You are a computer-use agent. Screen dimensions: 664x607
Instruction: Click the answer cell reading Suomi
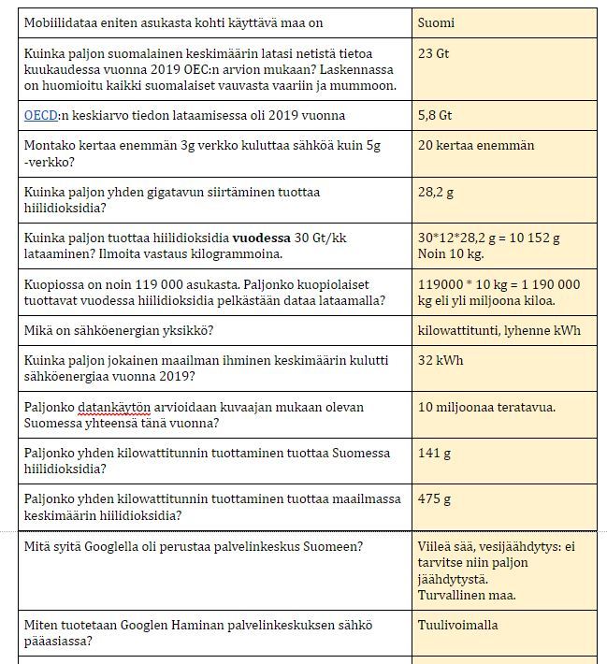pyautogui.click(x=437, y=22)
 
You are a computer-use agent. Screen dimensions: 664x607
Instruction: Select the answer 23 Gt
pyautogui.click(x=434, y=54)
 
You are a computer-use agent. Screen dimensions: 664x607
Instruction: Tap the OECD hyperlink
pyautogui.click(x=41, y=116)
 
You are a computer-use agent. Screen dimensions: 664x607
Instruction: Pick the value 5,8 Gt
pyautogui.click(x=435, y=116)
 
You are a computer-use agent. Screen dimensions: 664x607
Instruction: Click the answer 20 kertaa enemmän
pyautogui.click(x=476, y=146)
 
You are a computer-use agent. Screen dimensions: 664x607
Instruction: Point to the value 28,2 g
pyautogui.click(x=435, y=192)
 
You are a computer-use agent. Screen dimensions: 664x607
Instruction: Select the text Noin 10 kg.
pyautogui.click(x=450, y=253)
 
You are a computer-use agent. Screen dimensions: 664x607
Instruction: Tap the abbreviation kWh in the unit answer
pyautogui.click(x=566, y=330)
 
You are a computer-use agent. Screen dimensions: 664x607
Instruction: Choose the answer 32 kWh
pyautogui.click(x=441, y=361)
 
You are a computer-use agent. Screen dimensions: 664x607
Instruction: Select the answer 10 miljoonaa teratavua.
pyautogui.click(x=487, y=407)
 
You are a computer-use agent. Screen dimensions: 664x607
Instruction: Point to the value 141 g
pyautogui.click(x=434, y=453)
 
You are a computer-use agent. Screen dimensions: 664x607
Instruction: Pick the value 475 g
pyautogui.click(x=434, y=499)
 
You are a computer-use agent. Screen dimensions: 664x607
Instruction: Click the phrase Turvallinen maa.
pyautogui.click(x=467, y=595)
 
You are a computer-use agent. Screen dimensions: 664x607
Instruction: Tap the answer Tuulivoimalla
pyautogui.click(x=458, y=625)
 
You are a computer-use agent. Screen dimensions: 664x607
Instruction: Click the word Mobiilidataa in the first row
pyautogui.click(x=63, y=22)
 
